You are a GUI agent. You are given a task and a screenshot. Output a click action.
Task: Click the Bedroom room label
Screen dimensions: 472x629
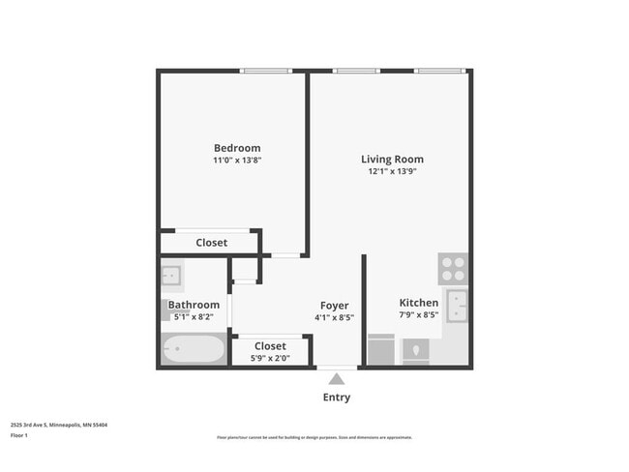[237, 148]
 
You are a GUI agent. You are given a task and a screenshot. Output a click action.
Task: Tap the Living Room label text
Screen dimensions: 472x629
[392, 160]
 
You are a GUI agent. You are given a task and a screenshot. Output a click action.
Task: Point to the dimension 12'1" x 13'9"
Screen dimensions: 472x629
[392, 171]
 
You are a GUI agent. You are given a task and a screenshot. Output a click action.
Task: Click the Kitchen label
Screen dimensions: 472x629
[418, 303]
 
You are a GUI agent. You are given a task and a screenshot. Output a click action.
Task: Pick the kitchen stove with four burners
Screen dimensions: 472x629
[453, 267]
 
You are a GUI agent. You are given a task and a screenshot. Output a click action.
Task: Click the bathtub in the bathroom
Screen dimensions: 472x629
[193, 350]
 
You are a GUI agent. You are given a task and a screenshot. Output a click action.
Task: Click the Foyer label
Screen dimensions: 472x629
[334, 303]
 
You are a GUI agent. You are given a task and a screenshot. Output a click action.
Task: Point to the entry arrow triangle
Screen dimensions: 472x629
[336, 378]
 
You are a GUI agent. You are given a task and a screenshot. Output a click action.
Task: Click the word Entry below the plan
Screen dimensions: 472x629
[336, 398]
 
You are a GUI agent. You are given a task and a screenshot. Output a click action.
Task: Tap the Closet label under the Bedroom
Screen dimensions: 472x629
[212, 243]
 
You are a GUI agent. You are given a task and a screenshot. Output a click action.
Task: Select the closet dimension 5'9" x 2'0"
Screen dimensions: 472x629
[270, 358]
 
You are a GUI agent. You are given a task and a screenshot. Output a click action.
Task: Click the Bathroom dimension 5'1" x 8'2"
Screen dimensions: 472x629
[194, 316]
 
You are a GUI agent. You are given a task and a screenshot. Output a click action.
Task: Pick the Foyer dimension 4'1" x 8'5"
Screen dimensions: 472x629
[334, 316]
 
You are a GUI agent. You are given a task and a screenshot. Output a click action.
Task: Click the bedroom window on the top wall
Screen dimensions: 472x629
[266, 71]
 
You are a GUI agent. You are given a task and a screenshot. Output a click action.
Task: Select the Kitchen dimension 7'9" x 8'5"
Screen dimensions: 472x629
[418, 314]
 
